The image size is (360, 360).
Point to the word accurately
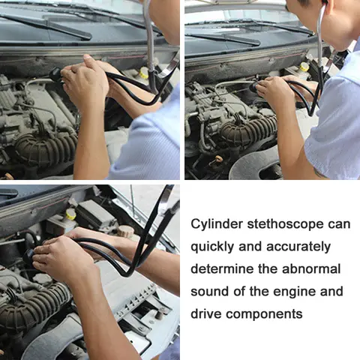pos(302,247)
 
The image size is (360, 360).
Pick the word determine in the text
pos(223,268)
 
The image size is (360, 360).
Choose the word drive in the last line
pos(206,313)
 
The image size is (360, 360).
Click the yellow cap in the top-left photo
pos(143,73)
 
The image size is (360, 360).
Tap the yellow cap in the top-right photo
pos(304,67)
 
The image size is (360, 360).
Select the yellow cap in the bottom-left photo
pos(70,214)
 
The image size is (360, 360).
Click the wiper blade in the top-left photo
pos(45,25)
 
